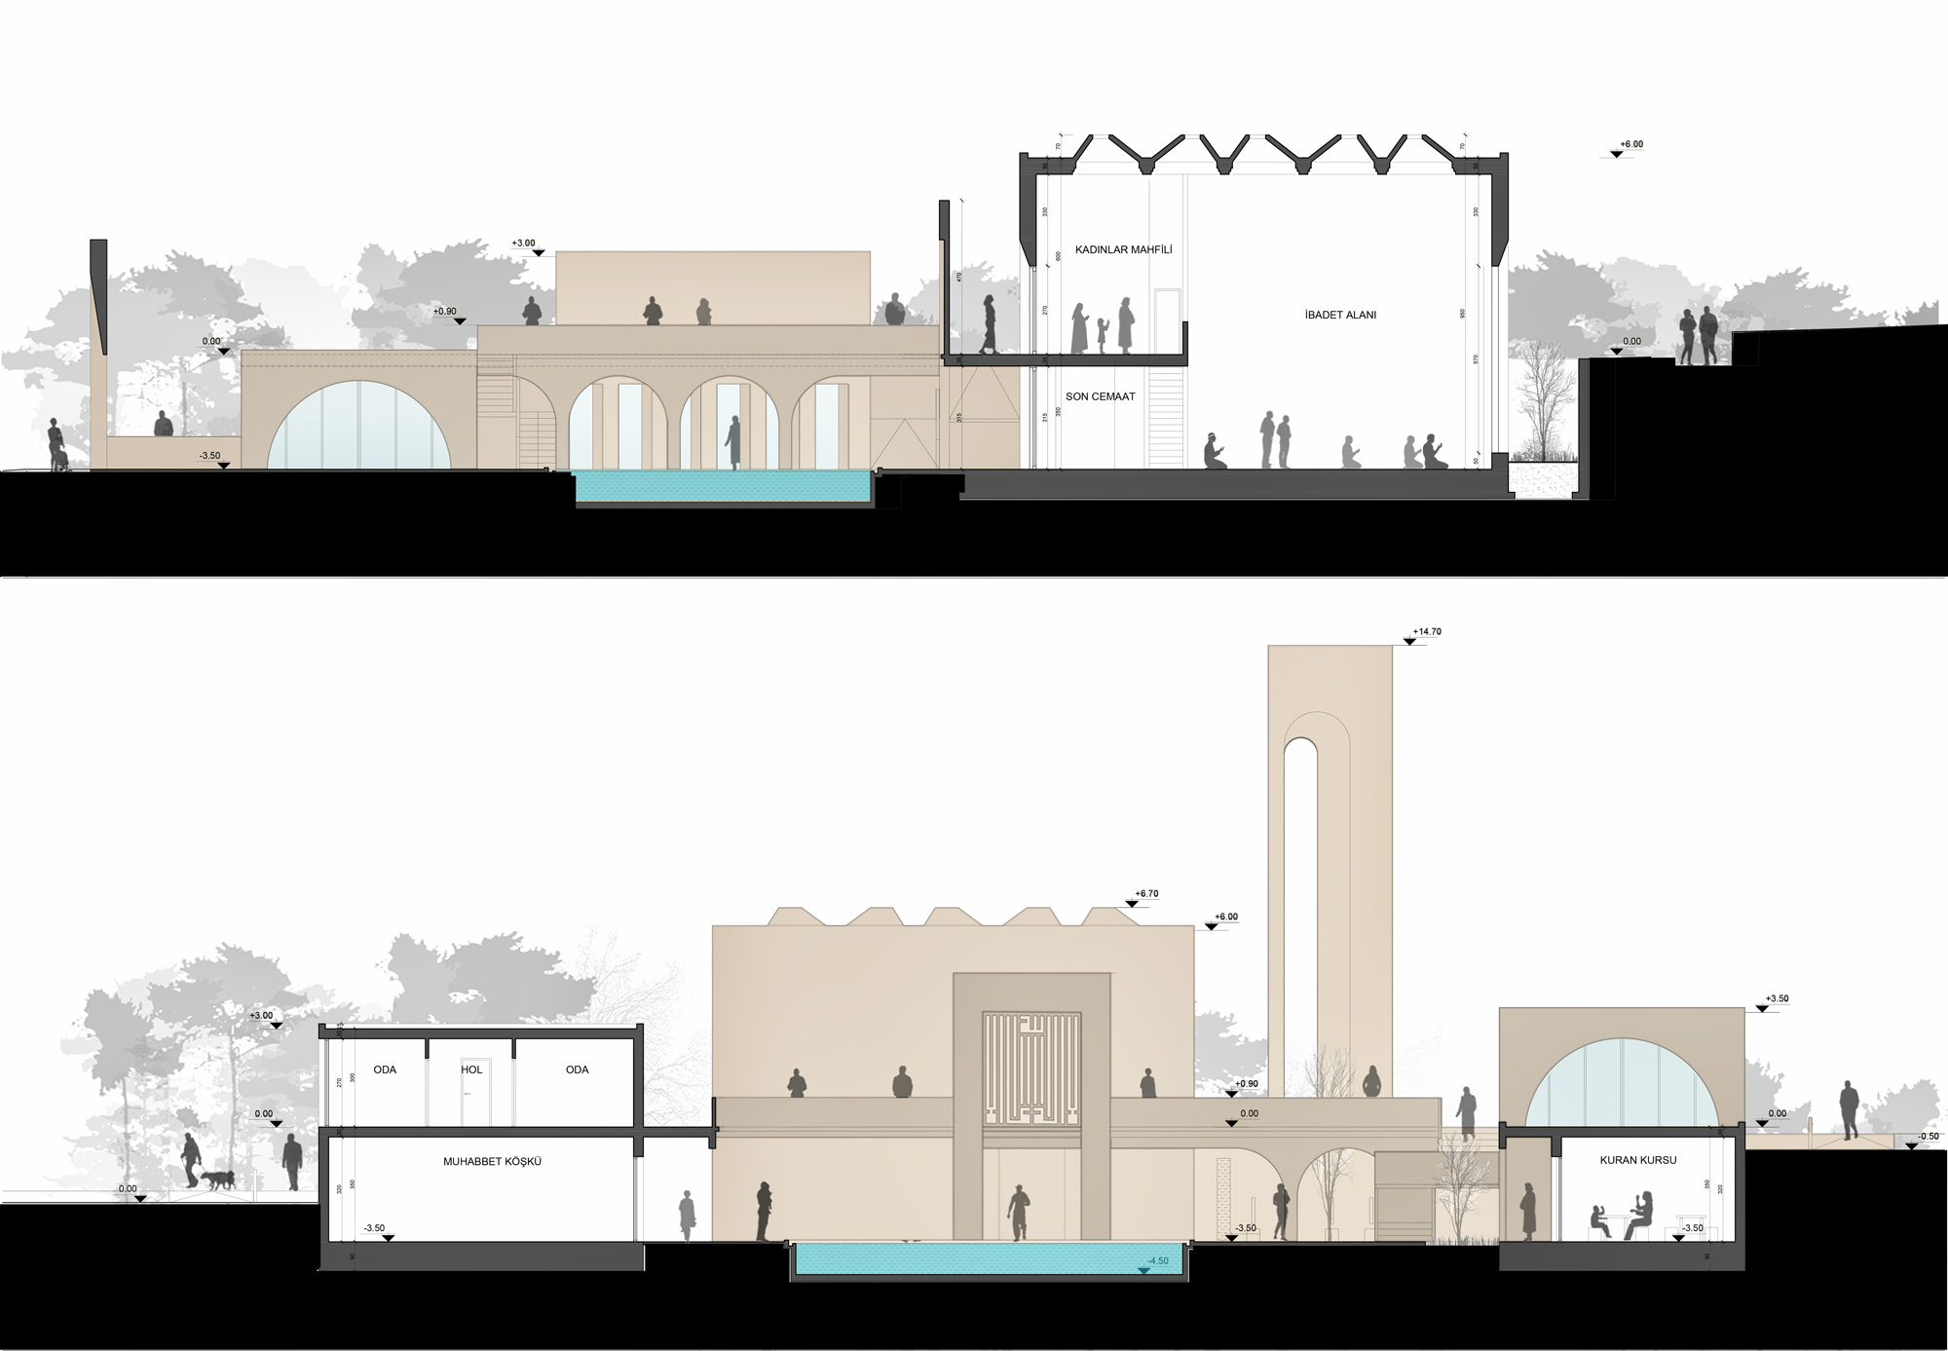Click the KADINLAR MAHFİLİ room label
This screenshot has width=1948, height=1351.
point(1123,250)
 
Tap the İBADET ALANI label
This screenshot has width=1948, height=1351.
point(1340,316)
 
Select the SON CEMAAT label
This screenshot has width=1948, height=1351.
point(1100,396)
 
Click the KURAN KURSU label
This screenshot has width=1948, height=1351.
point(1632,1161)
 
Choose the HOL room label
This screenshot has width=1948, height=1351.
point(471,1070)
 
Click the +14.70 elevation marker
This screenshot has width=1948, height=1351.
point(1428,632)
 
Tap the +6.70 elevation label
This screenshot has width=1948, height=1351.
point(1146,893)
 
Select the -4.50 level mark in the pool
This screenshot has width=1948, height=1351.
point(1157,1261)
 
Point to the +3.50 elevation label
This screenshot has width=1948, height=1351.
point(1777,999)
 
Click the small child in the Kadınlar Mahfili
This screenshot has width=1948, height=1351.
point(1103,334)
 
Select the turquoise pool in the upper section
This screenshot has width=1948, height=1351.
point(722,487)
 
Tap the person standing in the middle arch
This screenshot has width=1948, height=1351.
point(731,444)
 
